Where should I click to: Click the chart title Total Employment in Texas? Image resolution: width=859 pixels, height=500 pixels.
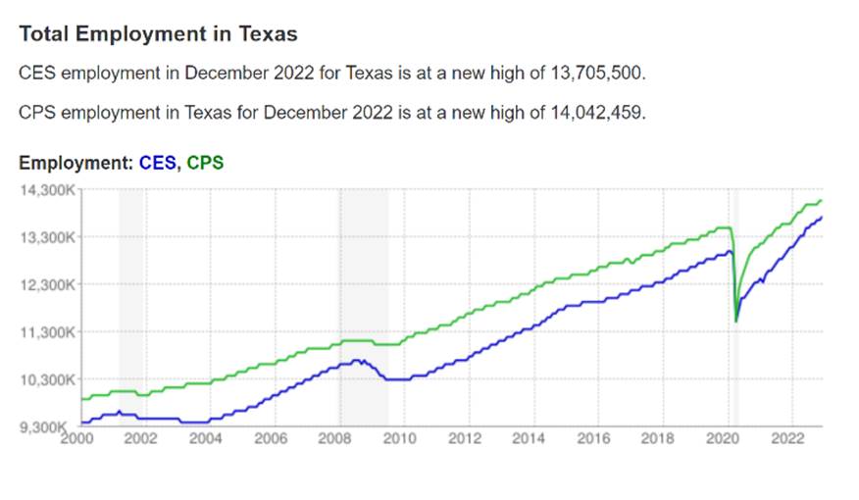coord(158,33)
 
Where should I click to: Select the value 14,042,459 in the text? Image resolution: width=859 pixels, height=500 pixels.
coord(595,112)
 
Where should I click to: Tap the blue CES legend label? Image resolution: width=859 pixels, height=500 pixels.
coord(158,163)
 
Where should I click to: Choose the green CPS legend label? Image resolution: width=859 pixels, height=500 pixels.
coord(205,163)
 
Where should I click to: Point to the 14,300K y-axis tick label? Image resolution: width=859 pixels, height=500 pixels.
coord(46,189)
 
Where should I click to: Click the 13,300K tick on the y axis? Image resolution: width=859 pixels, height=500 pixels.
coord(46,237)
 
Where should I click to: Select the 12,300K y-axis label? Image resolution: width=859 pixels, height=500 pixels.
coord(46,284)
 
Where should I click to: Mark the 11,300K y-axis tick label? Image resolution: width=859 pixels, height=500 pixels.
coord(46,332)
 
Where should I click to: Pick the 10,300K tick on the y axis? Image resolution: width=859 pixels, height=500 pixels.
coord(46,379)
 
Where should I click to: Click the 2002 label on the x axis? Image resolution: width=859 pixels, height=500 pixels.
coord(141,438)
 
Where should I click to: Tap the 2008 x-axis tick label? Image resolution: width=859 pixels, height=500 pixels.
coord(335,438)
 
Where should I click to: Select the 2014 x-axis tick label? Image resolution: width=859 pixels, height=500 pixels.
coord(530,438)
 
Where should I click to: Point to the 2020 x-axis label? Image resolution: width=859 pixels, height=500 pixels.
coord(724,438)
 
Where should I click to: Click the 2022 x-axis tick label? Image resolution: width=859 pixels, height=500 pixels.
coord(788,438)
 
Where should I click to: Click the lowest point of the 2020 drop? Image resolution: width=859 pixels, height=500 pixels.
coord(736,321)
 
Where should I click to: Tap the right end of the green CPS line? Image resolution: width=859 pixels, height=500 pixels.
coord(821,201)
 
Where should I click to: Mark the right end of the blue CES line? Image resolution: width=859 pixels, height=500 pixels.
coord(821,217)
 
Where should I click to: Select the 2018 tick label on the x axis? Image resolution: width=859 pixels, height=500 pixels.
coord(659,438)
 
